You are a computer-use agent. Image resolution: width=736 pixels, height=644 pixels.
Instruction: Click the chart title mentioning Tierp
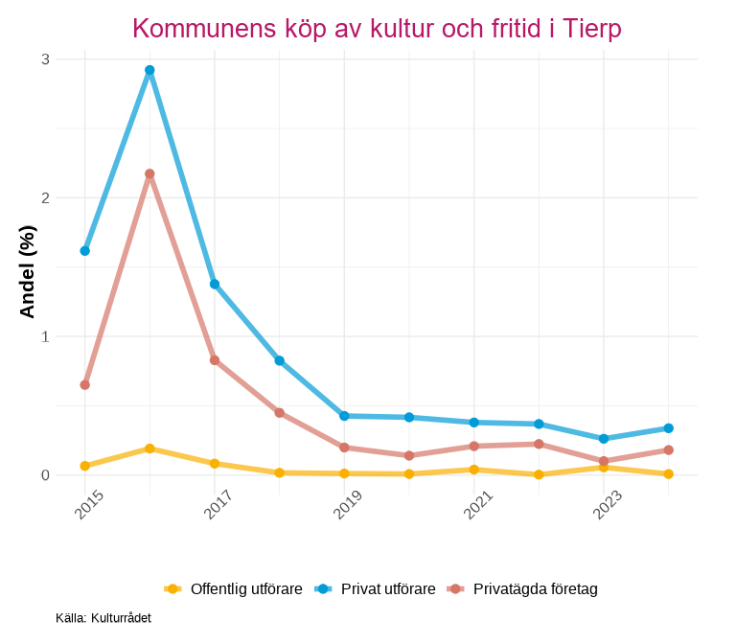coord(377,29)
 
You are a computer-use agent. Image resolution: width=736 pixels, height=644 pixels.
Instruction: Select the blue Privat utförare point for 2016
coord(149,70)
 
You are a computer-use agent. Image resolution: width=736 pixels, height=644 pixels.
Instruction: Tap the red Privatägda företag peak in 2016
coord(149,174)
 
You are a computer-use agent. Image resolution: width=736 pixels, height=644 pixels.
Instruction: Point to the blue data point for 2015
coord(85,251)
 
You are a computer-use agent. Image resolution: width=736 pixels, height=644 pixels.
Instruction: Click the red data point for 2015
coord(85,385)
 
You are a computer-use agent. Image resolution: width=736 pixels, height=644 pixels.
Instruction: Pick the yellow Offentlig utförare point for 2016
coord(149,448)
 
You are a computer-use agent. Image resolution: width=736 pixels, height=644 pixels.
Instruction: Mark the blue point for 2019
coord(344,416)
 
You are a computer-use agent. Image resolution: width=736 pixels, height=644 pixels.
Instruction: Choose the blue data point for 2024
coord(669,428)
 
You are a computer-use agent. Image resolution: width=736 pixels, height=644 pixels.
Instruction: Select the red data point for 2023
coord(604,461)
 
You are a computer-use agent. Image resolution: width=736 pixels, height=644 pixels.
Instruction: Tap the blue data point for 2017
coord(215,285)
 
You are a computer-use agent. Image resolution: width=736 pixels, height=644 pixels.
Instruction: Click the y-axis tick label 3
coord(45,59)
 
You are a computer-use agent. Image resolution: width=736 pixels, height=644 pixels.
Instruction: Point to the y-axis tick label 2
coord(45,198)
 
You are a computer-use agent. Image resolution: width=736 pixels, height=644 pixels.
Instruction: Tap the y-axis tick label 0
coord(45,475)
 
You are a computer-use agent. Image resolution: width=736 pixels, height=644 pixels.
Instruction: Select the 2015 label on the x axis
coord(89,505)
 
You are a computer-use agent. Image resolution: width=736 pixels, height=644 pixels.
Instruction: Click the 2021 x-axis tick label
coord(478,505)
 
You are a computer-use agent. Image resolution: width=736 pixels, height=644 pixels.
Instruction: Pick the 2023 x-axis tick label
coord(608,505)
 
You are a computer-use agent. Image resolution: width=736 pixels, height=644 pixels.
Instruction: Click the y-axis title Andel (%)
coord(28,271)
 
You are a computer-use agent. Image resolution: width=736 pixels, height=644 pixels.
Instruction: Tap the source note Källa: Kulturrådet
coord(103,618)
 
